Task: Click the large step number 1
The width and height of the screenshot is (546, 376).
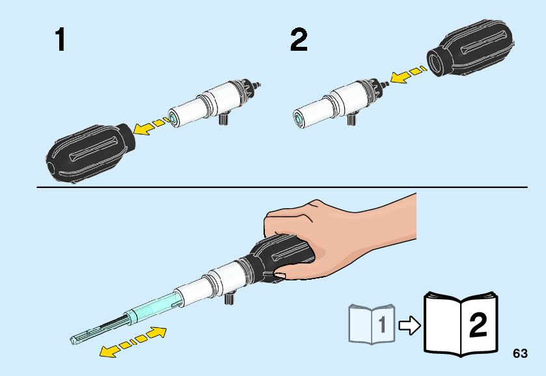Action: point(61,40)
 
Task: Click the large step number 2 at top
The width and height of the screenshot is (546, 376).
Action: point(299,40)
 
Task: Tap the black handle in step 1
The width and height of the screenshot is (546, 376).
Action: point(90,152)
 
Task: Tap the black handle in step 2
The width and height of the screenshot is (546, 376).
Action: point(471,48)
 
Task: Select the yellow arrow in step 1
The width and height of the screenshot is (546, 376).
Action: point(152,126)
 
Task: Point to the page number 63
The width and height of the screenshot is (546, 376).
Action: point(520,353)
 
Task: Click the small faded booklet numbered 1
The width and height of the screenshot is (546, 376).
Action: point(372,324)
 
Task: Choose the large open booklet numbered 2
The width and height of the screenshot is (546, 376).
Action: point(461,324)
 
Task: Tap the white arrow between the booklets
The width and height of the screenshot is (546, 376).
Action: point(409,325)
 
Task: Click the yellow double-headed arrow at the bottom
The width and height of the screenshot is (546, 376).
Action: point(133,343)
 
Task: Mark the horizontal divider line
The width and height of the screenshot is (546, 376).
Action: point(282,187)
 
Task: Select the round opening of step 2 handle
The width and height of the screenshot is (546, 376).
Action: point(435,62)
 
